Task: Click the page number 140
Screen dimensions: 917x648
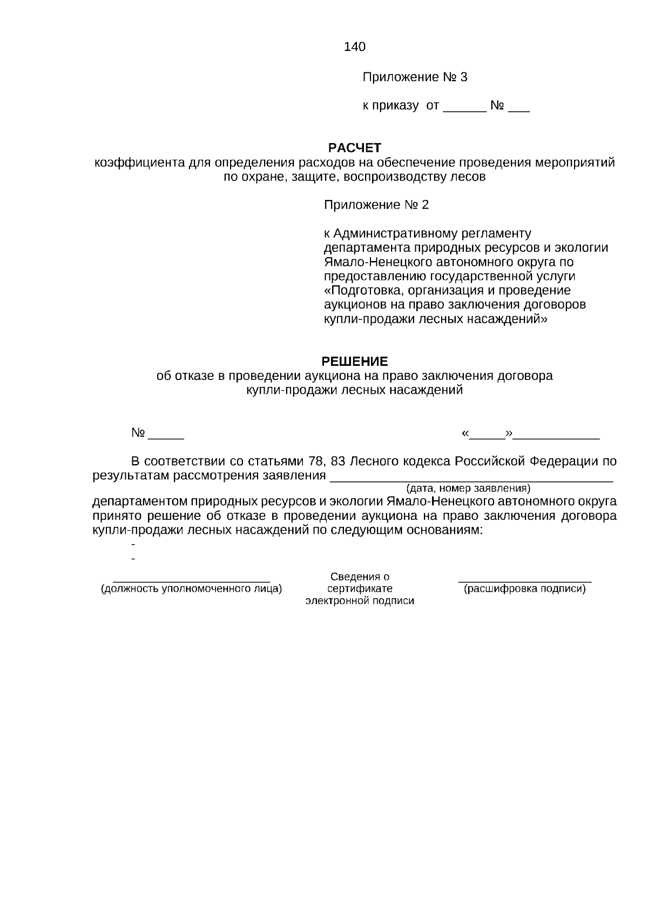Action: click(x=354, y=47)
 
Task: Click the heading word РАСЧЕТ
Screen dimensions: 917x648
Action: click(x=355, y=148)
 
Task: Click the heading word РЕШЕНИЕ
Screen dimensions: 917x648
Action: click(x=355, y=361)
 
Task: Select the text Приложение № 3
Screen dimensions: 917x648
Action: click(x=414, y=77)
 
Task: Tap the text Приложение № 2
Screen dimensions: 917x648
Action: click(x=376, y=205)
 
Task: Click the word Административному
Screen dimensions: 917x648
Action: click(x=397, y=233)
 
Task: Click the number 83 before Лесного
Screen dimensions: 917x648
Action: click(x=337, y=462)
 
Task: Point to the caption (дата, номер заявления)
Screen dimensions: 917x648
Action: click(x=468, y=488)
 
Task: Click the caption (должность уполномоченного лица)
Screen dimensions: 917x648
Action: click(x=192, y=589)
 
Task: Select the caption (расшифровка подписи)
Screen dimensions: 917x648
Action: click(x=524, y=589)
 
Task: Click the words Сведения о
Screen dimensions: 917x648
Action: click(x=360, y=577)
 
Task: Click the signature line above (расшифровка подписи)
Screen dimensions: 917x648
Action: click(x=524, y=581)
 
